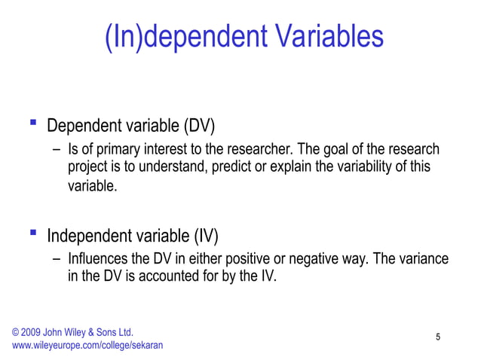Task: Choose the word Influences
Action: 97,260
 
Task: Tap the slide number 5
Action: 438,337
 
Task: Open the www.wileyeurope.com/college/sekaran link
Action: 87,346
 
